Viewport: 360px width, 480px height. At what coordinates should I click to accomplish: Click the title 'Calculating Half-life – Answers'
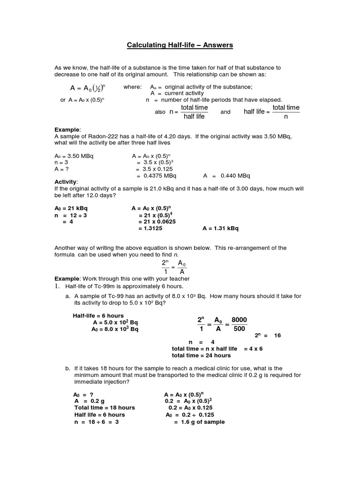click(180, 45)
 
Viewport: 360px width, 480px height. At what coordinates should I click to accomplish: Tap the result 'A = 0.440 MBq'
click(227, 176)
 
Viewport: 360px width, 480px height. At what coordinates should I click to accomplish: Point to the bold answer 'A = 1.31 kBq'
click(220, 228)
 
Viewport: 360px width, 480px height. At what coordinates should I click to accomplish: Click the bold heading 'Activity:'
click(67, 182)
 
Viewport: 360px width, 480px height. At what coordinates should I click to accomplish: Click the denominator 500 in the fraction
click(239, 329)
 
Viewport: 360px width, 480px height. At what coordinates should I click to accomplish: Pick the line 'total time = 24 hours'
click(202, 356)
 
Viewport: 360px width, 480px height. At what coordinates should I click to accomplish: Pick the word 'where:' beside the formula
click(131, 87)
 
